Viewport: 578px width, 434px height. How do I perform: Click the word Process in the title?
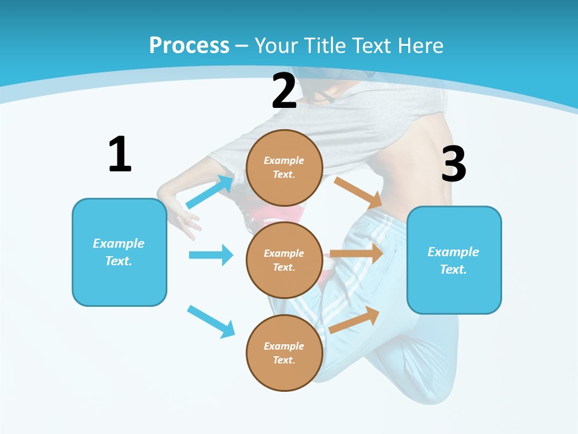(x=189, y=45)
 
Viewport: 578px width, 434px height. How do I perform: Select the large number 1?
(x=120, y=154)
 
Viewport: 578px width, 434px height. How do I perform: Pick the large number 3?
(x=453, y=164)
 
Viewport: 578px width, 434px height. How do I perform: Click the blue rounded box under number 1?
(x=119, y=252)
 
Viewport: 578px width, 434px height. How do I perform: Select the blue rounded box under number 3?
(x=454, y=260)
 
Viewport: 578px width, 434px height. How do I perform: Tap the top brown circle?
(x=285, y=168)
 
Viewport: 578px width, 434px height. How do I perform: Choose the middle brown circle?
(x=285, y=260)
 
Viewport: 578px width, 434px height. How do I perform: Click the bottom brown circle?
(x=285, y=353)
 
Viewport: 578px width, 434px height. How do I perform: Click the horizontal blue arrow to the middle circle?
(x=211, y=255)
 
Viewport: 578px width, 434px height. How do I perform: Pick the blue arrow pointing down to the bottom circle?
(x=211, y=321)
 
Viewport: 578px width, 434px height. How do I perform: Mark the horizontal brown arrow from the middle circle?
(x=356, y=253)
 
